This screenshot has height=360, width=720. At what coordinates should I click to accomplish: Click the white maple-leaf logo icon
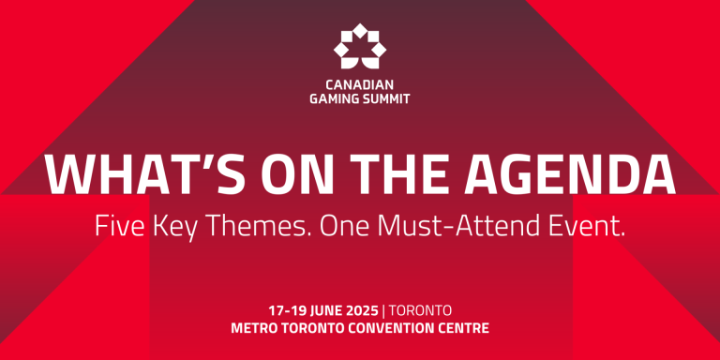tap(360, 46)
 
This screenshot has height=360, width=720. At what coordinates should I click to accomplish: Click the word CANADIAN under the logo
tap(360, 82)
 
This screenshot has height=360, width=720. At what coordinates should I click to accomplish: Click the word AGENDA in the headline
tap(580, 174)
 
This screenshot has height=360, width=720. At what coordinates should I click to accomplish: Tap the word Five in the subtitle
tap(118, 226)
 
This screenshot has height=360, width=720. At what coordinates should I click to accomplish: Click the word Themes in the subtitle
tap(264, 226)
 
